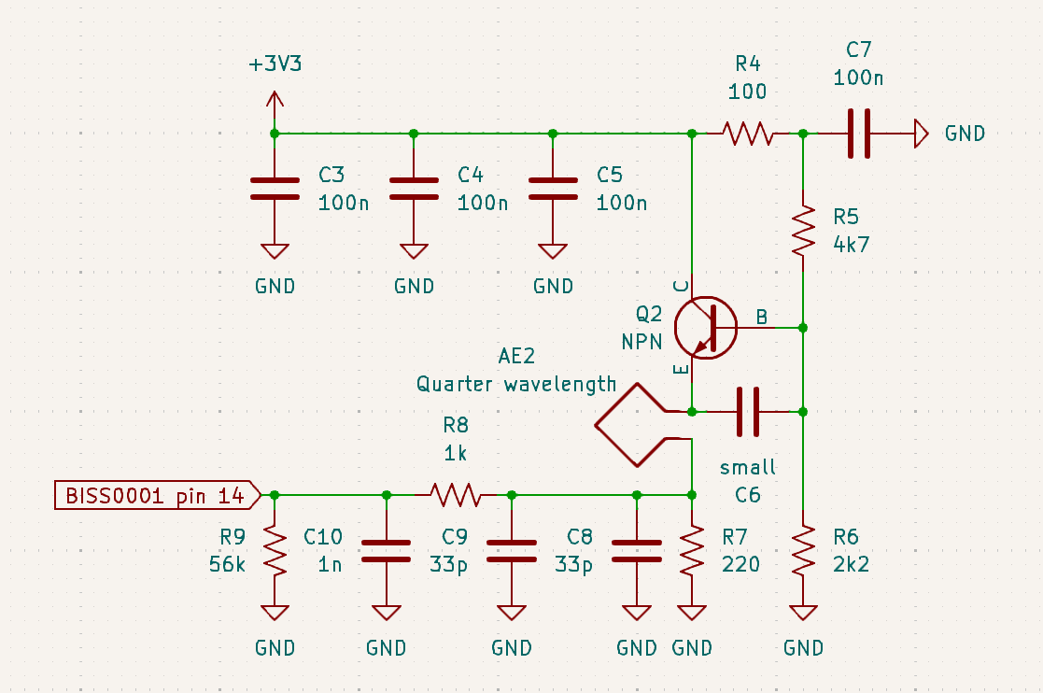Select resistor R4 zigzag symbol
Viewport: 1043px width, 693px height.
[x=747, y=134]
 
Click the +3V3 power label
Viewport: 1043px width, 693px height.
[x=275, y=65]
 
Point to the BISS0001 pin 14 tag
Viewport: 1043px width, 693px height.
[x=155, y=495]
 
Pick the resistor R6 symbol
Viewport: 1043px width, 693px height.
[x=803, y=551]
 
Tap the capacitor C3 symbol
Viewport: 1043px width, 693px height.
[x=275, y=190]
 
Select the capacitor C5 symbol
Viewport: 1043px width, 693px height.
[x=553, y=190]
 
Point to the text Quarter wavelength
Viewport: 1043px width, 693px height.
[x=515, y=384]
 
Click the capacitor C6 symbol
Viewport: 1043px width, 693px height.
[x=748, y=411]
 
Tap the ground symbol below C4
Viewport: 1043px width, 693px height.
[x=414, y=251]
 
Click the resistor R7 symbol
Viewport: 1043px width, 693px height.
[x=691, y=551]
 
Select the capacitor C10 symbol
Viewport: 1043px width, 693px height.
[x=386, y=551]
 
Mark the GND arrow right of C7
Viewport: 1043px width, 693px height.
[x=921, y=134]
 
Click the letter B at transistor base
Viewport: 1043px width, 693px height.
[x=762, y=318]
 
